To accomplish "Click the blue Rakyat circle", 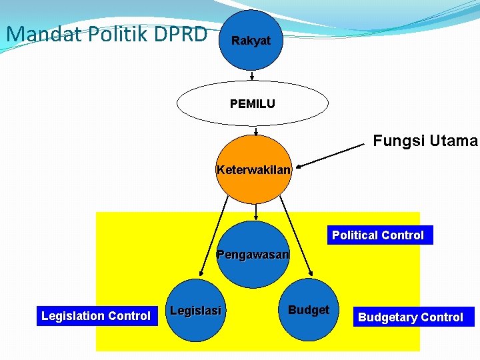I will point(251,40).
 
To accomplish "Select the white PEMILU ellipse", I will point(252,104).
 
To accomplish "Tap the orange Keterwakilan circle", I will point(253,169).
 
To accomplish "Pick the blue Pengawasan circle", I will point(253,255).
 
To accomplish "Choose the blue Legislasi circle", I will point(195,311).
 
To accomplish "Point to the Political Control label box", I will point(378,235).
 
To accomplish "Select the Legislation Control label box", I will point(96,316).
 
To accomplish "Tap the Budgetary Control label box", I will point(411,317).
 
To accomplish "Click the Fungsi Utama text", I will point(425,141).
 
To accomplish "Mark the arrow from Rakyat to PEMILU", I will point(251,76).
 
